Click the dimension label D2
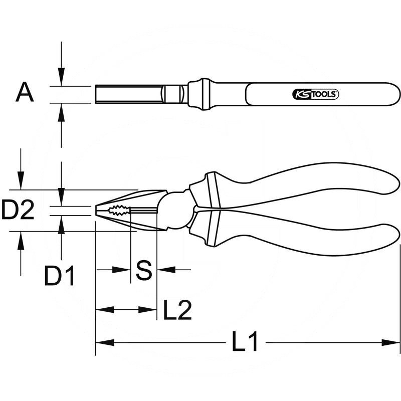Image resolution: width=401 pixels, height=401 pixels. [18, 210]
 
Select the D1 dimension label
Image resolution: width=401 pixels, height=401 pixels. [59, 276]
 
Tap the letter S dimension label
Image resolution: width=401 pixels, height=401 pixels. [144, 270]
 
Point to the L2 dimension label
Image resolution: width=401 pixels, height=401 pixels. [177, 310]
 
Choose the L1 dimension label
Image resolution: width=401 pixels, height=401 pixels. [245, 342]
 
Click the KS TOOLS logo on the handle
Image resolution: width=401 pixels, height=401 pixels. [315, 94]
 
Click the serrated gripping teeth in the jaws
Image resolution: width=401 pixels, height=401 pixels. [119, 211]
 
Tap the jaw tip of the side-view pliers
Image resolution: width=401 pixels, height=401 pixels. [96, 211]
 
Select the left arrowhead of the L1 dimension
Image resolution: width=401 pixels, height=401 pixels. [104, 342]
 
